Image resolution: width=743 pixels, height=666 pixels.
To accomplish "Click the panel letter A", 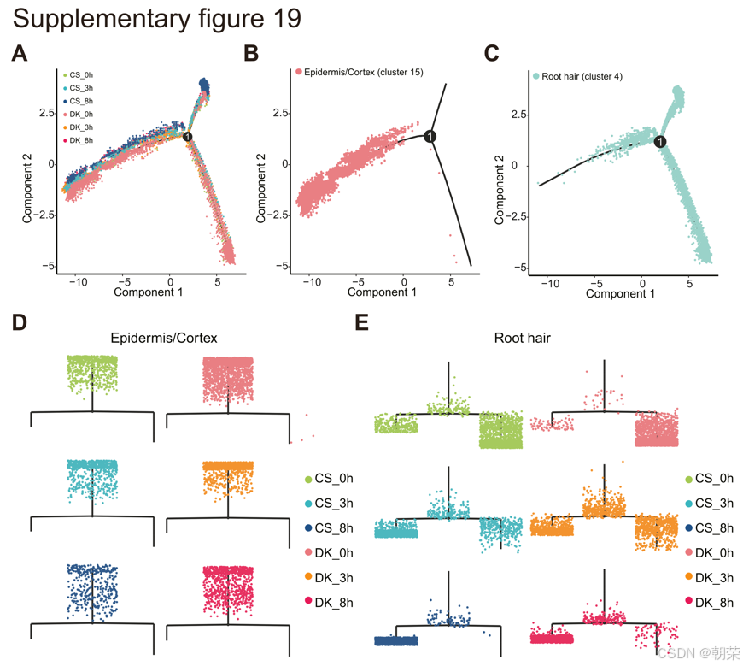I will coord(19,55).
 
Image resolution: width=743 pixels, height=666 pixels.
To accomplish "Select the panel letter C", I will coord(491,54).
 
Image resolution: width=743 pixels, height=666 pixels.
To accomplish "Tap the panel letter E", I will coord(362,323).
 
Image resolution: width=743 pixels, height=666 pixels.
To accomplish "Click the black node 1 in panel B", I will coord(430,137).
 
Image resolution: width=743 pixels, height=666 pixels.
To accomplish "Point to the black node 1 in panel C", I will coord(660,142).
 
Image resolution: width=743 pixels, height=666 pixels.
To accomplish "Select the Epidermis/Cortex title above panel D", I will coord(164,339).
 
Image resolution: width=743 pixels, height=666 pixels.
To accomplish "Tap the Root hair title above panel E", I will coord(523,339).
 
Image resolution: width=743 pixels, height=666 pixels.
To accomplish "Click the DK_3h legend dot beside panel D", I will coord(307,578).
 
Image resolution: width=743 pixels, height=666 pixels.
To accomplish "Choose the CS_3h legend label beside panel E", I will coord(714,504).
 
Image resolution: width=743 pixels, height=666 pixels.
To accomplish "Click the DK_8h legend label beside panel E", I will coord(714,603).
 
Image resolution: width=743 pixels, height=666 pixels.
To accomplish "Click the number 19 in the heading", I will coord(284,19).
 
